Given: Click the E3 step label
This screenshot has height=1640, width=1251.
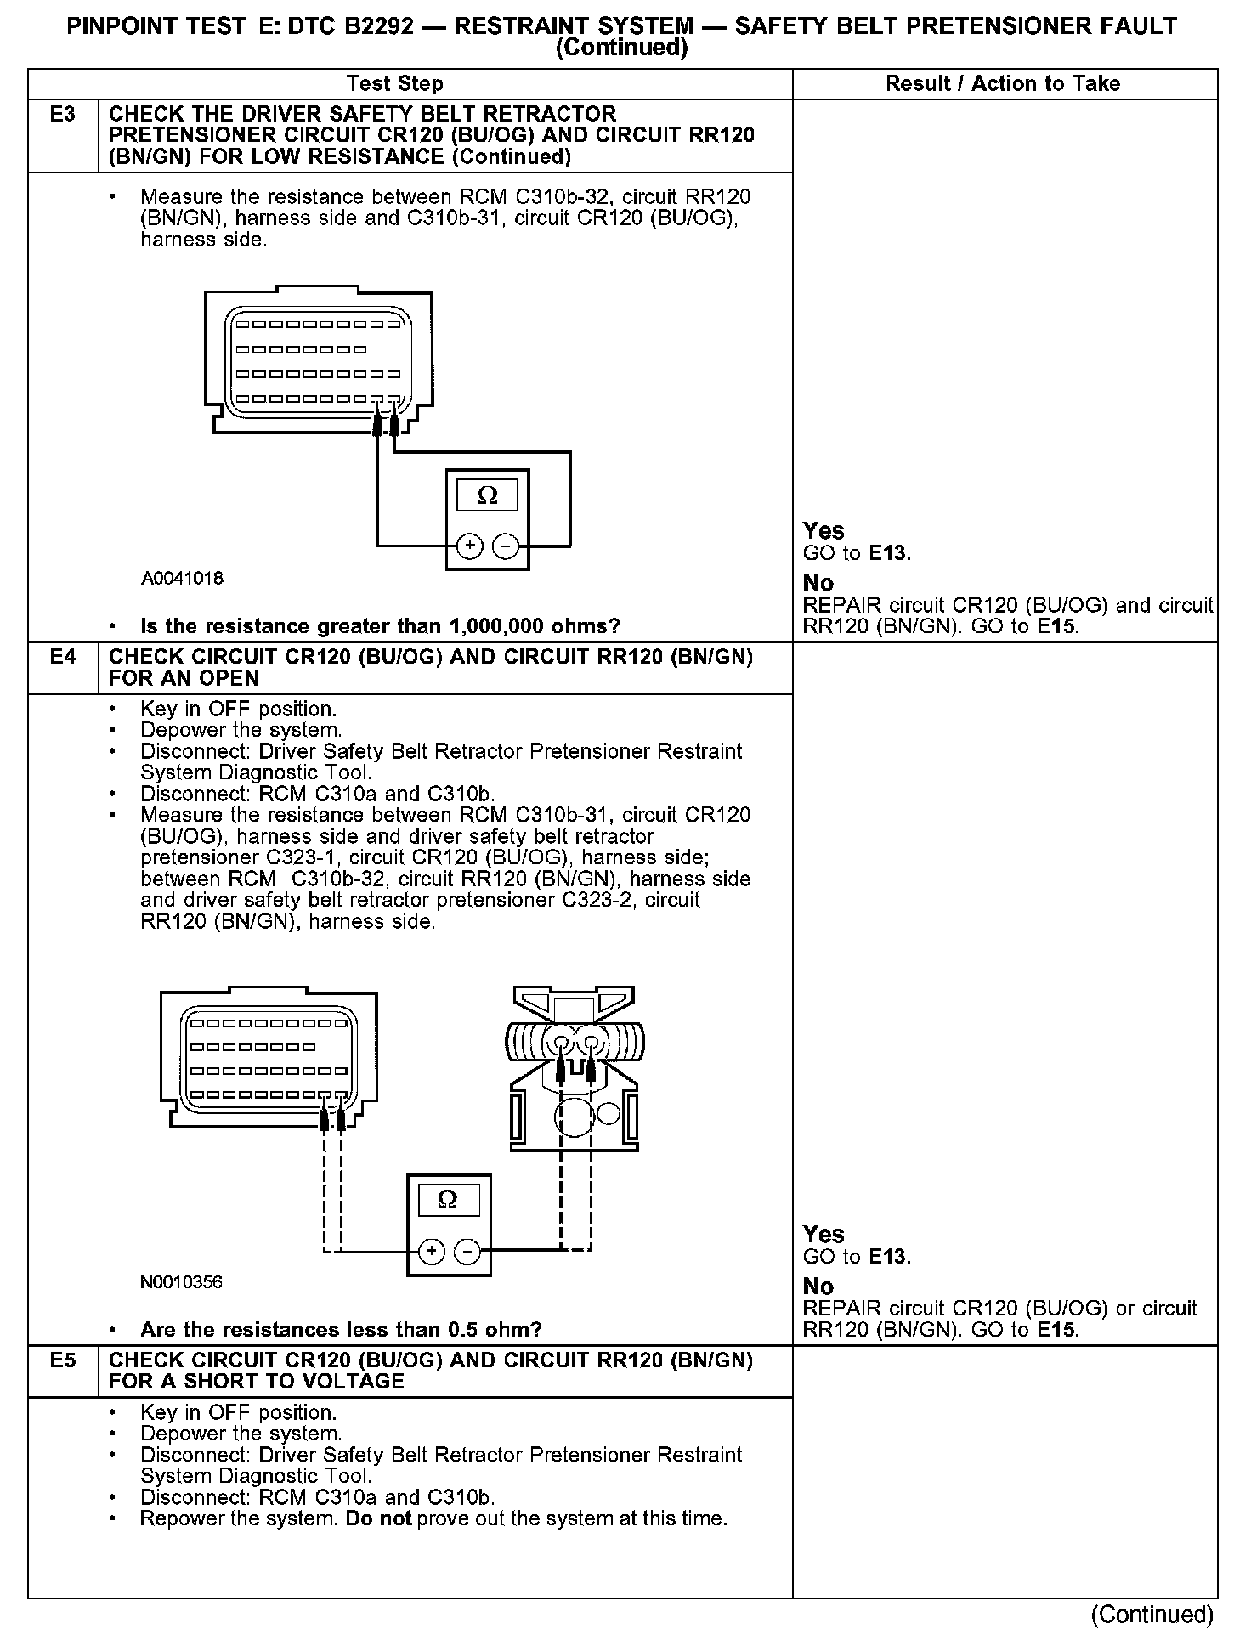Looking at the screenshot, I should point(63,114).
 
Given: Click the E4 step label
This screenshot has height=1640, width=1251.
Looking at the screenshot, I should point(63,657).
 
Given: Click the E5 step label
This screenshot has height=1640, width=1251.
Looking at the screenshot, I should point(63,1360).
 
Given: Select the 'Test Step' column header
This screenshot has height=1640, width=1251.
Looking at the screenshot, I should point(395,84).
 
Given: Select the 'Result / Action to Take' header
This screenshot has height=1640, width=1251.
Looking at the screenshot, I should point(1003,84).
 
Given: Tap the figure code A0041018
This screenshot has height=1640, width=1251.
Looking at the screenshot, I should point(183,579).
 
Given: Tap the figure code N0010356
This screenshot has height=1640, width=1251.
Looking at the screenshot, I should point(182,1282).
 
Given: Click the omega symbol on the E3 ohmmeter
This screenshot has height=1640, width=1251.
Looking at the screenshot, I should point(487,495).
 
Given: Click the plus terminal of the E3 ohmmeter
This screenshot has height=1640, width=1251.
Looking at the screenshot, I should point(470,546).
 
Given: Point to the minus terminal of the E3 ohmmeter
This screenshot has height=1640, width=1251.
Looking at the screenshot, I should point(506,546).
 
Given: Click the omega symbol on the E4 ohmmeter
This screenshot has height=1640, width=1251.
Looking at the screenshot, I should point(447,1200).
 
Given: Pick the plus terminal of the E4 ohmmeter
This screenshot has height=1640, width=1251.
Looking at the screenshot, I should point(431,1251).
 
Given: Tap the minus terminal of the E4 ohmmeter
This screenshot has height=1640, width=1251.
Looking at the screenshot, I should point(467,1251).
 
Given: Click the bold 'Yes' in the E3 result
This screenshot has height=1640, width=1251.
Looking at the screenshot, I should point(824,531).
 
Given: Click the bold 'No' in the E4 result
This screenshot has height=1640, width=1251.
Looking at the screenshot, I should point(818,1287).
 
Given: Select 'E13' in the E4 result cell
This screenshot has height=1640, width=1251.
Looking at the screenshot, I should point(889,1257).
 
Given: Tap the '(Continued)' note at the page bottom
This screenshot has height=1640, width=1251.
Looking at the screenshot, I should point(1152,1615).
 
